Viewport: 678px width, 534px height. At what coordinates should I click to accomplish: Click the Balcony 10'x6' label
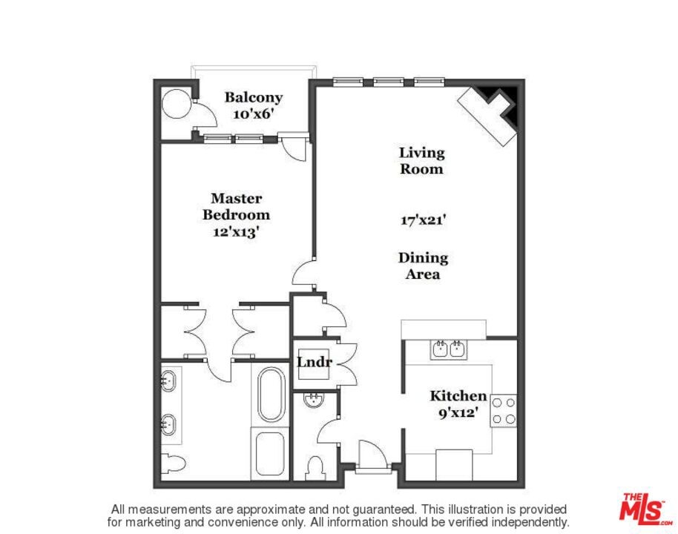254,105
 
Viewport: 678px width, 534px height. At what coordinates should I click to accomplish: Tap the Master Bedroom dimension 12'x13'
236,231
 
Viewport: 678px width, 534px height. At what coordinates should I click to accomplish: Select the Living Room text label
421,160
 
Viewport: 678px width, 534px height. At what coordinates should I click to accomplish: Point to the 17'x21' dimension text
423,220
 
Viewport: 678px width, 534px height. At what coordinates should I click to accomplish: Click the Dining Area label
423,266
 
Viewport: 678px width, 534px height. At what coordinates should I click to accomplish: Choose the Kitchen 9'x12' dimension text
458,412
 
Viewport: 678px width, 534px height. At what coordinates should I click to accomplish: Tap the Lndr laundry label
315,361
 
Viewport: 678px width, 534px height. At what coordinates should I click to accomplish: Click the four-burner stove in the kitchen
504,411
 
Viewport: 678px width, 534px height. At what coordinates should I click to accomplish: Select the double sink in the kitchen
449,349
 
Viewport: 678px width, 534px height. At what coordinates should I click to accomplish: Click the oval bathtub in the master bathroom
271,395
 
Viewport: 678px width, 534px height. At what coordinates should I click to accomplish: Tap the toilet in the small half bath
316,468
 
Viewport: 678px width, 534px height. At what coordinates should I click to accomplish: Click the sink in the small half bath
313,400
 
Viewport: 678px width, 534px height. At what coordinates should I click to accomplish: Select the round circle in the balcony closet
177,103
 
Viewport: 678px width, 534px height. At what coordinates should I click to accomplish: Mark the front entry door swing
372,453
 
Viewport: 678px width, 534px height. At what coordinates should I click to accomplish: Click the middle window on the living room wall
388,82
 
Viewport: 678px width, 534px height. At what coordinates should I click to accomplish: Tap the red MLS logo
643,507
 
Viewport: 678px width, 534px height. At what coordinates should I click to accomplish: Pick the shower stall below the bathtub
270,454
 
